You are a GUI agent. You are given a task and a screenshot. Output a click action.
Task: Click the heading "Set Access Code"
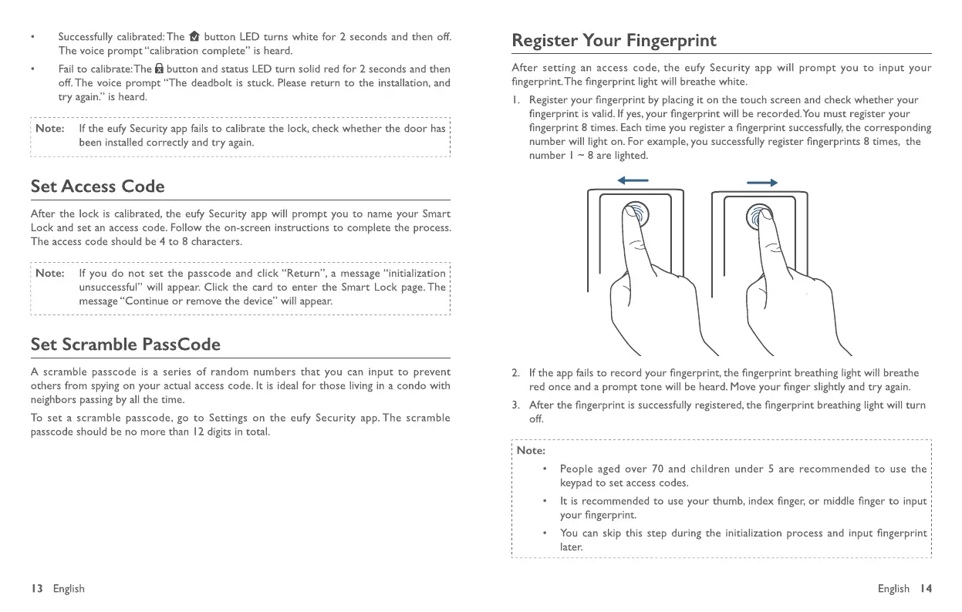point(97,187)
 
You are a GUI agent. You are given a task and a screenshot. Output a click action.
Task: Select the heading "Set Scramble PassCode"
point(125,345)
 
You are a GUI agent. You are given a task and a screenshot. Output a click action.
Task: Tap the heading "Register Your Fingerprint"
point(614,40)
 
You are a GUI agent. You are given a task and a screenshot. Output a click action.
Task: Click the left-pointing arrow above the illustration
point(633,182)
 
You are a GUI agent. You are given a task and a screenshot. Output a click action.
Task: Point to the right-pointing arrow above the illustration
point(761,182)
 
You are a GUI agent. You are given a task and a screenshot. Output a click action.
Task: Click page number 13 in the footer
point(35,589)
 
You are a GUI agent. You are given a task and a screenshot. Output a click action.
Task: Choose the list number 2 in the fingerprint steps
point(515,373)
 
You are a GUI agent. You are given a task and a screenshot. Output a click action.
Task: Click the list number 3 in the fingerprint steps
point(515,405)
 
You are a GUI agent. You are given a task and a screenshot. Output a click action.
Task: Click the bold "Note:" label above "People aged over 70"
point(531,451)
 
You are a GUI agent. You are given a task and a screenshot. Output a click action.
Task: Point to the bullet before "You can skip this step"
point(545,533)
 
